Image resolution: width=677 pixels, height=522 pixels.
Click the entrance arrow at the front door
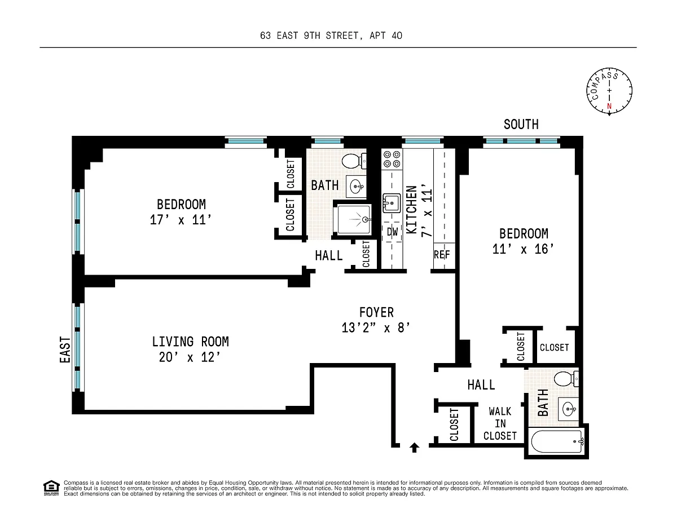point(414,448)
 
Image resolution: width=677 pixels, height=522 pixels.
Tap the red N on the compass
point(609,106)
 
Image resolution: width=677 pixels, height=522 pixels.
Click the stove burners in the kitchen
point(392,159)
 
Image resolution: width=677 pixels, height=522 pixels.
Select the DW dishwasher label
point(392,232)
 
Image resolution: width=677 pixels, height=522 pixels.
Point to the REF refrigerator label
point(442,255)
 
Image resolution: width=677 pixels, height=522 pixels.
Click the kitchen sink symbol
point(392,203)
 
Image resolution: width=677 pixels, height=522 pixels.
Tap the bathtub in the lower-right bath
point(557,441)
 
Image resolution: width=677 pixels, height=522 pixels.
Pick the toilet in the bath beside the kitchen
point(354,161)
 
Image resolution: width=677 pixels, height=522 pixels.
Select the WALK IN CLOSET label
point(500,424)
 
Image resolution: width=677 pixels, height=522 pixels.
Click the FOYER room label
point(376,312)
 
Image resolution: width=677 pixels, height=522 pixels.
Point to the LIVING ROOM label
point(190,342)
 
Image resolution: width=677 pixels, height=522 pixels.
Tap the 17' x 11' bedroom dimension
point(181,220)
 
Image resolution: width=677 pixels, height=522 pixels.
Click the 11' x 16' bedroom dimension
point(523,249)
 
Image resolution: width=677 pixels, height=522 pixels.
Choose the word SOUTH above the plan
point(521,125)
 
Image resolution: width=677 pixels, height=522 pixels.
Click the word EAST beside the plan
point(65,350)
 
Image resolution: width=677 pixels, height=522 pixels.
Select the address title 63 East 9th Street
point(331,36)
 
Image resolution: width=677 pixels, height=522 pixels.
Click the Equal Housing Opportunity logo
point(51,488)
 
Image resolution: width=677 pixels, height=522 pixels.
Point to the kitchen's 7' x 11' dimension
point(427,210)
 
